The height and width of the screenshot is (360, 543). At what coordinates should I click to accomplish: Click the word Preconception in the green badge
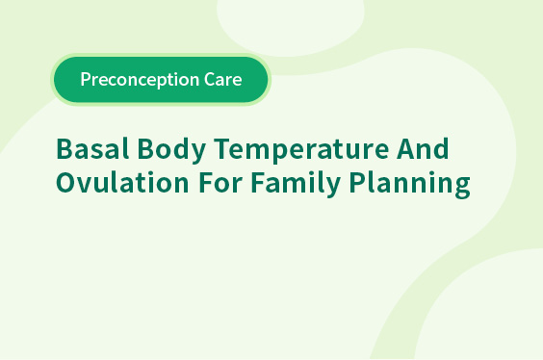coord(140,80)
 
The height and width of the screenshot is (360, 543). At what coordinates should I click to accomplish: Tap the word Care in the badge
coord(223,79)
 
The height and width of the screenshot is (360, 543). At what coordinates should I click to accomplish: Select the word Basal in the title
coord(92,148)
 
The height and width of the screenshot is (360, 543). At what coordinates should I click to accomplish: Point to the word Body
coord(171,150)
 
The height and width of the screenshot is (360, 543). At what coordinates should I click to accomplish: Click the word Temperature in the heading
coord(301,150)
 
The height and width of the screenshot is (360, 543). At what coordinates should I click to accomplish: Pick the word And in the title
coord(423,148)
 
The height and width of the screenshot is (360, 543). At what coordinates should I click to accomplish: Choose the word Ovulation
coord(122,182)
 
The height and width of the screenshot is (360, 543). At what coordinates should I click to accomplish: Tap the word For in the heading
coord(220,183)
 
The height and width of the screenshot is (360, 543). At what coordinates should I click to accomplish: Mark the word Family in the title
coord(296,184)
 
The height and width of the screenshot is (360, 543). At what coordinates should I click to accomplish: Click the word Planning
coord(410,184)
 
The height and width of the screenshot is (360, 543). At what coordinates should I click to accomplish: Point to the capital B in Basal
coord(64,148)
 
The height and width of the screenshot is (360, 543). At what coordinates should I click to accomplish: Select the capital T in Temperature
coord(221,148)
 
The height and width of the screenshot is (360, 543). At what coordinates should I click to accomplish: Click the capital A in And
coord(405,148)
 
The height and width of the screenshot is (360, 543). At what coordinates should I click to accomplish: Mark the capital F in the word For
coord(206,183)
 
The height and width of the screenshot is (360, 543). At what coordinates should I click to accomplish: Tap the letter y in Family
coord(331,188)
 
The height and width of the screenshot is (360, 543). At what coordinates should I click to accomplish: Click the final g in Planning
coord(462,188)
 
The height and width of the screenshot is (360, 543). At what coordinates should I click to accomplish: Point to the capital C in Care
coord(210,79)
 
